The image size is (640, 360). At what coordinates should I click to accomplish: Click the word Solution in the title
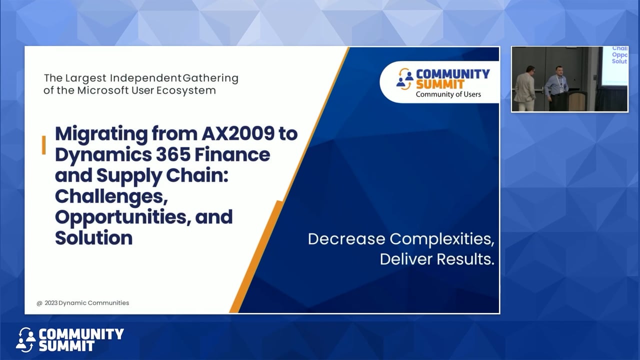[x=93, y=238]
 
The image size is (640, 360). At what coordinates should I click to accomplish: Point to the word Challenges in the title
[x=110, y=196]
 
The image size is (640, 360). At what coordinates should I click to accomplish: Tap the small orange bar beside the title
[x=44, y=145]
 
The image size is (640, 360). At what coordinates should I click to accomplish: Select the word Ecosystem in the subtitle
[x=186, y=90]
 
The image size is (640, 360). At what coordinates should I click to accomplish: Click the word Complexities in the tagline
[x=442, y=238]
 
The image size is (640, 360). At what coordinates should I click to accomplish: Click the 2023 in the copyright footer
[x=50, y=303]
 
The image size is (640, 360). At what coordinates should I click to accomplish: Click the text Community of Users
[x=448, y=94]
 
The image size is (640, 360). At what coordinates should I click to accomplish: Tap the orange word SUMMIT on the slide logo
[x=439, y=84]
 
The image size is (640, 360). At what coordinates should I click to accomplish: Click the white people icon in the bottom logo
[x=25, y=340]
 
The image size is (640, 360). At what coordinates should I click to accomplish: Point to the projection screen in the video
[x=613, y=65]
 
